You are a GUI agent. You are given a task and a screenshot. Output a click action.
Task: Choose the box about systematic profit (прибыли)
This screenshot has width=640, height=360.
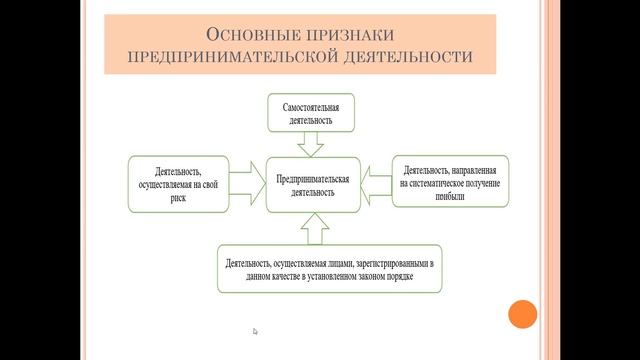tap(450, 181)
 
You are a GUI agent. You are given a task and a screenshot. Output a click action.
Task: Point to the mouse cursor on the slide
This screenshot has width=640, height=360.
tap(255, 332)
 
